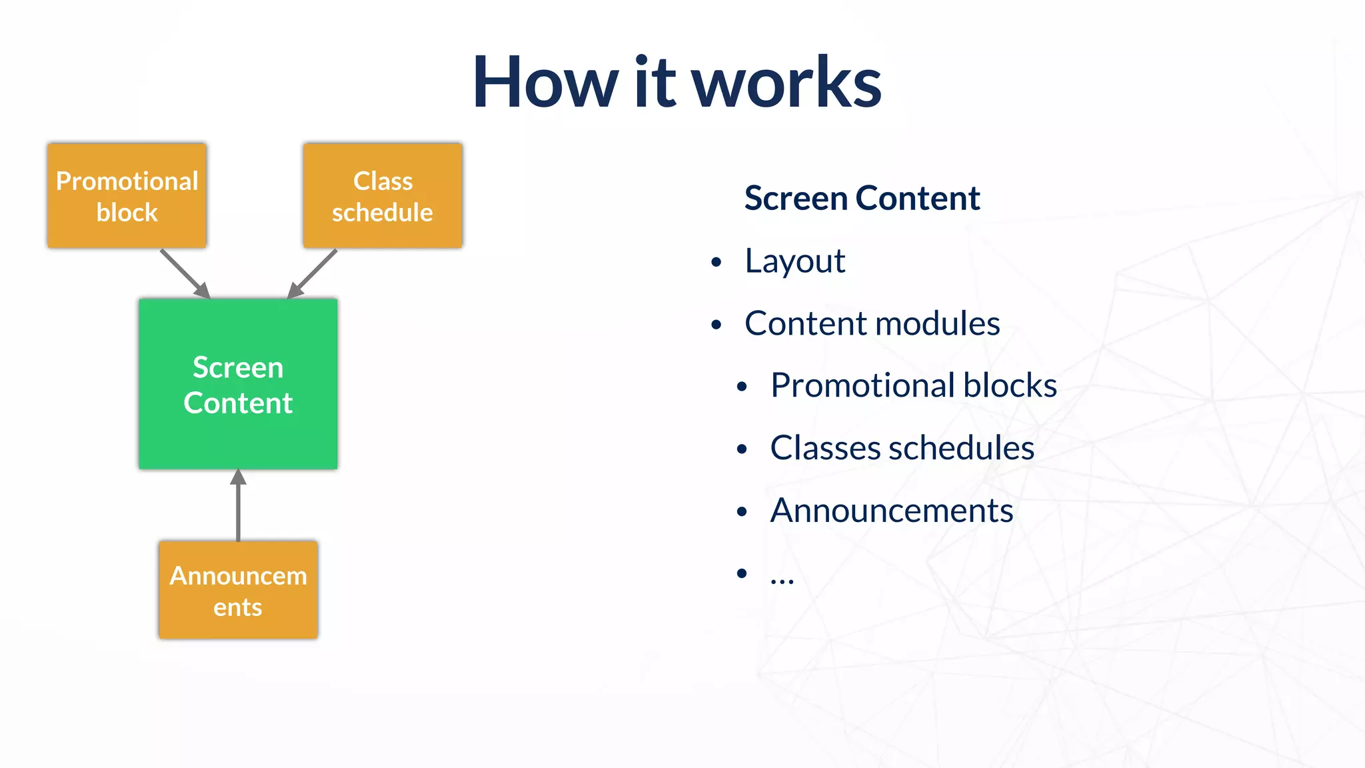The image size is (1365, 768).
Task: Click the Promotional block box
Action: [x=127, y=196]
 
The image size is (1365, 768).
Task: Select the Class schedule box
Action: [x=383, y=196]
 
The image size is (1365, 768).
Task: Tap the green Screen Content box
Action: [x=238, y=384]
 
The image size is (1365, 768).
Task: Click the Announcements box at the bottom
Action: [x=238, y=590]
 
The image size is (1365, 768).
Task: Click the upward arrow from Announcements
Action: [x=238, y=505]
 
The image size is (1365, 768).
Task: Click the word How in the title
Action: [x=545, y=83]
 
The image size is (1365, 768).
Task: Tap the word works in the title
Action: [x=786, y=84]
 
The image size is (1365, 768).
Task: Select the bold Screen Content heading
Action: [x=862, y=198]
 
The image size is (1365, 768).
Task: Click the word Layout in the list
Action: [x=795, y=261]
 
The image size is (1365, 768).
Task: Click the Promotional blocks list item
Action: [x=913, y=385]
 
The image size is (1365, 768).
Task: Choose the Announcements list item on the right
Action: [x=891, y=511]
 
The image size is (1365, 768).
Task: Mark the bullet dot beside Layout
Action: [x=716, y=263]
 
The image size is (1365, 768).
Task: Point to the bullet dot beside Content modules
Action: [x=716, y=325]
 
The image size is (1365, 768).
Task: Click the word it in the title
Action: [x=655, y=83]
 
